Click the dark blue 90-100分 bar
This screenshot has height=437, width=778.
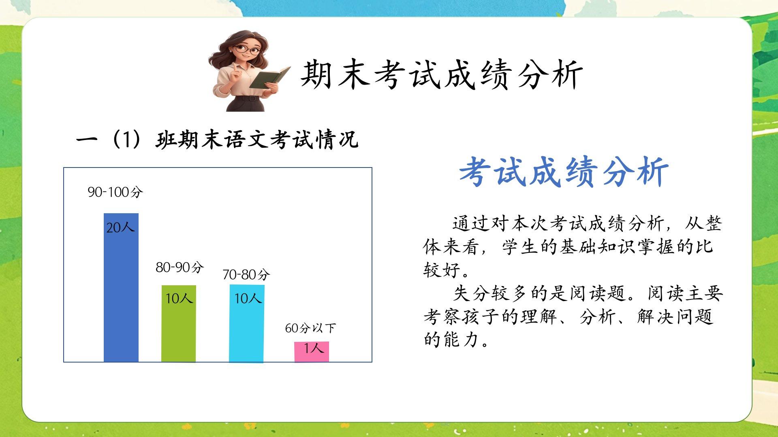[121, 287]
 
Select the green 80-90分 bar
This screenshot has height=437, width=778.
[179, 324]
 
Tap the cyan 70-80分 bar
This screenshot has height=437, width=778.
[247, 323]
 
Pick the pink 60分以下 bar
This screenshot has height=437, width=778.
[312, 352]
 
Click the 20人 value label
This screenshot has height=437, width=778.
[120, 227]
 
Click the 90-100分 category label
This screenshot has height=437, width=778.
[115, 192]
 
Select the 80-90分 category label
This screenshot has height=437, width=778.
[180, 267]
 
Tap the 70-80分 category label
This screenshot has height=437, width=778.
[246, 275]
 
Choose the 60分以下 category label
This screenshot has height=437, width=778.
[311, 328]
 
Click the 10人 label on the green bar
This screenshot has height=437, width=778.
[179, 298]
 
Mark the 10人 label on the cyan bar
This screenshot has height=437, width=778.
[248, 298]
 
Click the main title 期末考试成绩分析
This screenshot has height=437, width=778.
[442, 75]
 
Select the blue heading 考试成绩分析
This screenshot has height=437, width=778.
[564, 172]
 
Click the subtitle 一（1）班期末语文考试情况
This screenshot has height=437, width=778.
[217, 140]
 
